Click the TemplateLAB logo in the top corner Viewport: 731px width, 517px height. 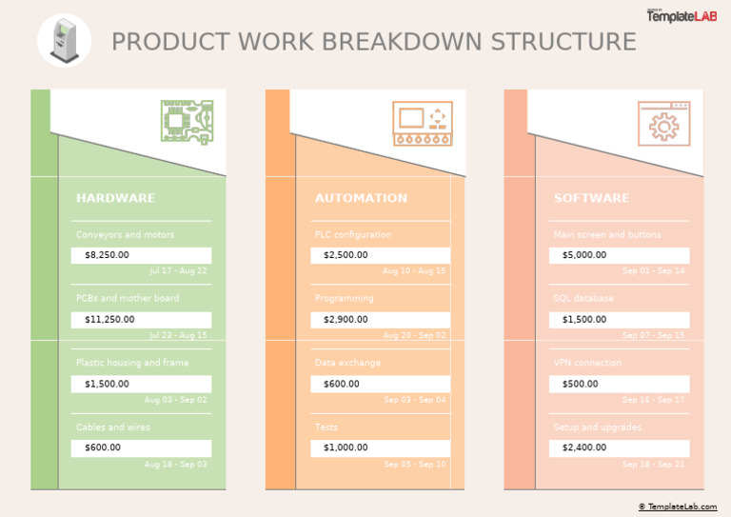point(682,15)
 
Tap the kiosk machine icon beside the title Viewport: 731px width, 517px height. point(64,41)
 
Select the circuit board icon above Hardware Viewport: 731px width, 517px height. point(187,123)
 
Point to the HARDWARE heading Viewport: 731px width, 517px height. point(115,198)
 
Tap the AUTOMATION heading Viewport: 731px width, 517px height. point(361,198)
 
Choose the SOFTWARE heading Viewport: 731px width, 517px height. point(591,198)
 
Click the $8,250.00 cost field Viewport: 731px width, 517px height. point(141,255)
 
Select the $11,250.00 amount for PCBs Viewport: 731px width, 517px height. point(141,320)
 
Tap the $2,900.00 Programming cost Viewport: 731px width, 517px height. point(380,320)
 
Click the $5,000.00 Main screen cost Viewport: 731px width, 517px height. point(619,255)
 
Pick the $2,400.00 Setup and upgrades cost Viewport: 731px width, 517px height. point(619,447)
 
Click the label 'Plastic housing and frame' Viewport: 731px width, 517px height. point(132,363)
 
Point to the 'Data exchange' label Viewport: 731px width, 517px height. point(347,363)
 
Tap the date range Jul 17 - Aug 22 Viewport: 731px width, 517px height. point(178,271)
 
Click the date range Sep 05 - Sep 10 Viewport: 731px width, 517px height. point(415,465)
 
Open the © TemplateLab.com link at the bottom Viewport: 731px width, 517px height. point(678,507)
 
